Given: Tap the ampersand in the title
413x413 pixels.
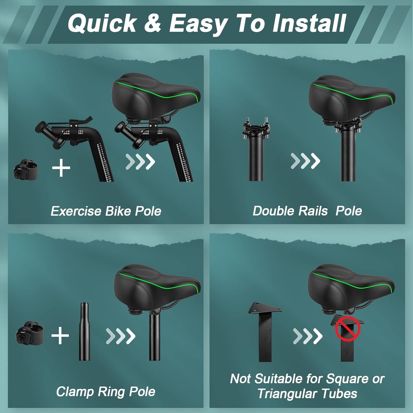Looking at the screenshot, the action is [x=153, y=23].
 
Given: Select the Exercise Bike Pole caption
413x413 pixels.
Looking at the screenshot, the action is [x=106, y=211].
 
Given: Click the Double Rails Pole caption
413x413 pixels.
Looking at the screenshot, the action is [x=307, y=211].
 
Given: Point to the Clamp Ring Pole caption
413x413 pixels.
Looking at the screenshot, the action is [x=106, y=392].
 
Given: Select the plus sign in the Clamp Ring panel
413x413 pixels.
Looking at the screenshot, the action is [x=60, y=335].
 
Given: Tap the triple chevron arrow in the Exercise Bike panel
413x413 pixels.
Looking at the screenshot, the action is [x=140, y=161].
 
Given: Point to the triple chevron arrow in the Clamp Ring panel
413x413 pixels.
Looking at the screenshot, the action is [x=121, y=336].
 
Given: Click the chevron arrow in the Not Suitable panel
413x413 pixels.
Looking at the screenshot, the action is [x=308, y=336].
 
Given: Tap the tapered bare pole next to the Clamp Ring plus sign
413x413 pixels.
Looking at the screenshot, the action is [x=84, y=332].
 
